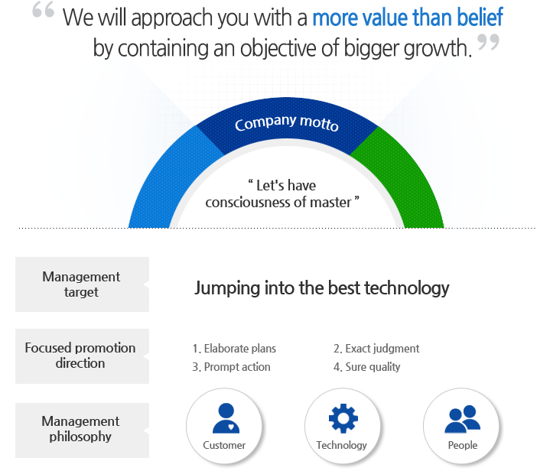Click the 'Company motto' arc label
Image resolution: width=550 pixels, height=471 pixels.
pyautogui.click(x=287, y=123)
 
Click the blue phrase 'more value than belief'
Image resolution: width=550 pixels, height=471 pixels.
pyautogui.click(x=408, y=17)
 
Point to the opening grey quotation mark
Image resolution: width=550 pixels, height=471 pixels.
pyautogui.click(x=43, y=9)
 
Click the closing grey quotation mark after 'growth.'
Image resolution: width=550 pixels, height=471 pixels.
pyautogui.click(x=488, y=42)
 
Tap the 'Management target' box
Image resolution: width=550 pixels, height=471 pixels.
pyautogui.click(x=82, y=284)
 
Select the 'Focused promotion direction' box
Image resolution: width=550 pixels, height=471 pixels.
pyautogui.click(x=82, y=356)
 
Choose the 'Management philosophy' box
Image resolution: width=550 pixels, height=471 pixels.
pyautogui.click(x=82, y=430)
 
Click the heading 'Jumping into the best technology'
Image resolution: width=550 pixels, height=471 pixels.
pyautogui.click(x=321, y=288)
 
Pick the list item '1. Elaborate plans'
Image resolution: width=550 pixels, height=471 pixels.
pyautogui.click(x=234, y=349)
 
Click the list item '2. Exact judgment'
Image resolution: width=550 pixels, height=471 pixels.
pyautogui.click(x=376, y=349)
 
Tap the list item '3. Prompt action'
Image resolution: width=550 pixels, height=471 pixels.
pyautogui.click(x=231, y=367)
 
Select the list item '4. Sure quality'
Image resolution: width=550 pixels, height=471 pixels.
pyautogui.click(x=366, y=367)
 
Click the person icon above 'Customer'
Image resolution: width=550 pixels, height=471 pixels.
pyautogui.click(x=226, y=418)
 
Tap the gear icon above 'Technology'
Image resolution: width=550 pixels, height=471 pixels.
pyautogui.click(x=343, y=418)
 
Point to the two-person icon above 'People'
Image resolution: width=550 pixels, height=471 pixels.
pyautogui.click(x=462, y=419)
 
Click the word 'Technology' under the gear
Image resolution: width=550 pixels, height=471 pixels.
pyautogui.click(x=341, y=445)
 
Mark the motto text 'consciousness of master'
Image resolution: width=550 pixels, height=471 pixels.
pyautogui.click(x=278, y=203)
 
